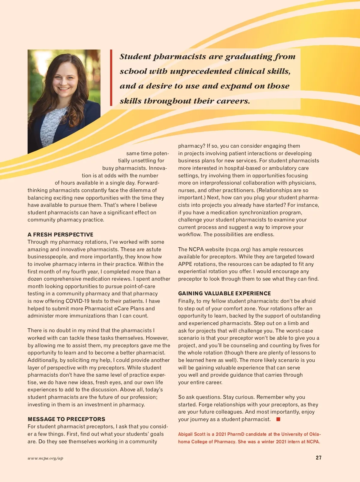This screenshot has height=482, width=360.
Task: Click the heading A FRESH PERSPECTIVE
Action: [x=60, y=235]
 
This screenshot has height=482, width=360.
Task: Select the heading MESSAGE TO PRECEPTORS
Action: [x=66, y=419]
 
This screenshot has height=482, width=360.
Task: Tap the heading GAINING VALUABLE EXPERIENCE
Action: [x=224, y=294]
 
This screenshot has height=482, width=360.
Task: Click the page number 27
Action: [x=319, y=458]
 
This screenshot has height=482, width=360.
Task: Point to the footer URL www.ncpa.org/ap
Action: [x=45, y=458]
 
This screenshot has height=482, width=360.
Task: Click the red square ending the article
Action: [x=278, y=419]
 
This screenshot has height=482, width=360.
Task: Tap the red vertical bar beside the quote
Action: [x=111, y=77]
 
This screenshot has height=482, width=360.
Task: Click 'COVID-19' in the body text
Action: [x=79, y=301]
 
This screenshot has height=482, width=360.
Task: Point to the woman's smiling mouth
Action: [x=63, y=89]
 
